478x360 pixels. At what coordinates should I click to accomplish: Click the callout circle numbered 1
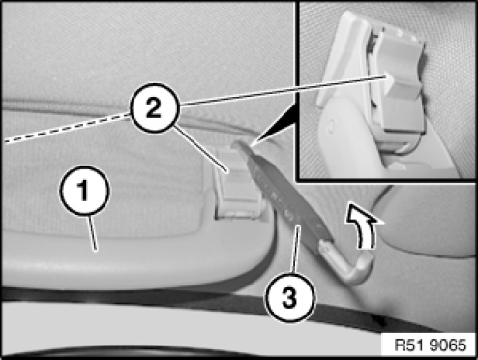click(x=84, y=191)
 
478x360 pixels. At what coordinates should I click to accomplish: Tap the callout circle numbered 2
click(x=154, y=107)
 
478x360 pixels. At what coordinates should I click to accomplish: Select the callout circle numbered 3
click(x=289, y=297)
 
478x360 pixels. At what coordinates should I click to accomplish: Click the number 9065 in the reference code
click(x=447, y=345)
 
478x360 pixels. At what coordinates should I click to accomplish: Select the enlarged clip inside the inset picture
click(x=400, y=84)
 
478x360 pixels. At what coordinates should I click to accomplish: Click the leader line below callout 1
click(x=92, y=232)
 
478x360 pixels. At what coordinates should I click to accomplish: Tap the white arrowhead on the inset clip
click(x=389, y=77)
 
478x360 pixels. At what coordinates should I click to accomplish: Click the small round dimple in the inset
click(x=330, y=129)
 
